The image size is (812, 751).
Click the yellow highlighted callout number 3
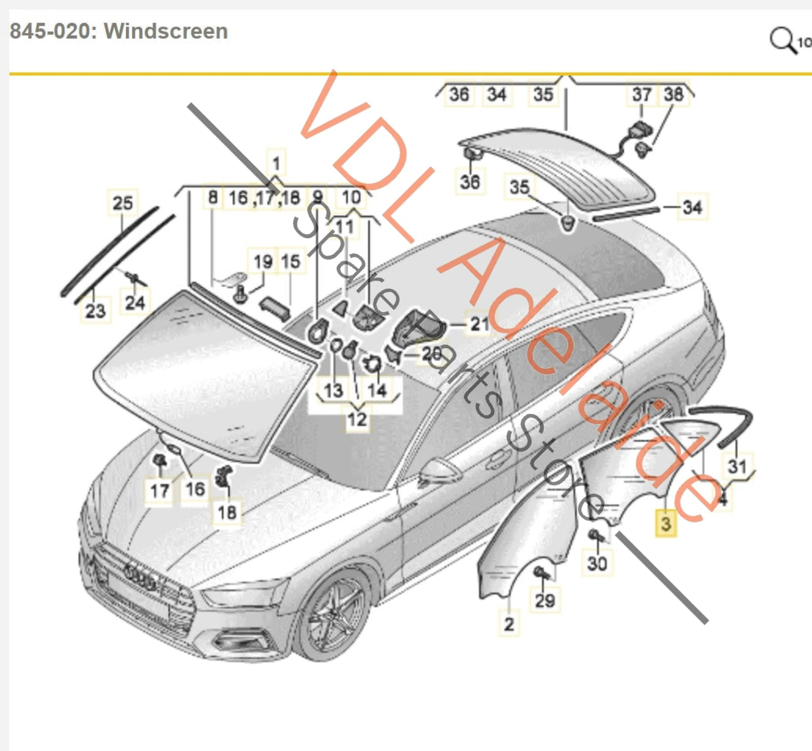click(x=666, y=524)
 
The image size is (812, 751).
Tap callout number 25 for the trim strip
click(x=123, y=203)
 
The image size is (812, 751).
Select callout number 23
click(x=95, y=310)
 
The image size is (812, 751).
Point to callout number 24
click(x=135, y=303)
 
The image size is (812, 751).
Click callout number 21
click(x=479, y=324)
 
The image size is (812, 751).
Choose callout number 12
click(x=357, y=419)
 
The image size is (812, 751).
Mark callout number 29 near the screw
click(x=545, y=600)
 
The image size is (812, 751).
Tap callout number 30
click(x=597, y=563)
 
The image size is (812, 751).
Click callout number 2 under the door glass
click(x=509, y=624)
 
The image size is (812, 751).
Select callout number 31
click(x=737, y=466)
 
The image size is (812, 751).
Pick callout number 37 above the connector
click(x=641, y=94)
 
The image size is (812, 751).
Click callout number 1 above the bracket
click(x=276, y=164)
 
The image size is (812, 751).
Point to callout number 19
click(x=263, y=262)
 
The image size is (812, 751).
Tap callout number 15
click(x=291, y=261)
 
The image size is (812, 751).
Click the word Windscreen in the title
click(x=166, y=31)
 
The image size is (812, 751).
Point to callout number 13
click(x=333, y=390)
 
